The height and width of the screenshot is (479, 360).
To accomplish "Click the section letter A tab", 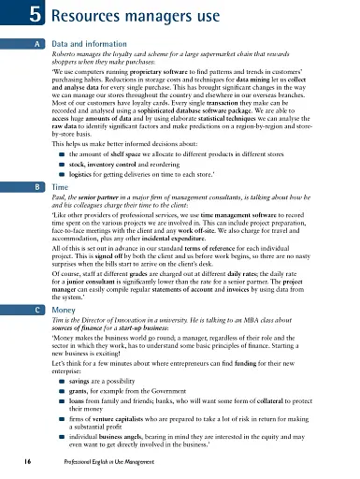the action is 34,43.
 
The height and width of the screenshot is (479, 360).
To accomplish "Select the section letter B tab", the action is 34,161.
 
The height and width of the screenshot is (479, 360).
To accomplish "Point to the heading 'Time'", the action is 61,161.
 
